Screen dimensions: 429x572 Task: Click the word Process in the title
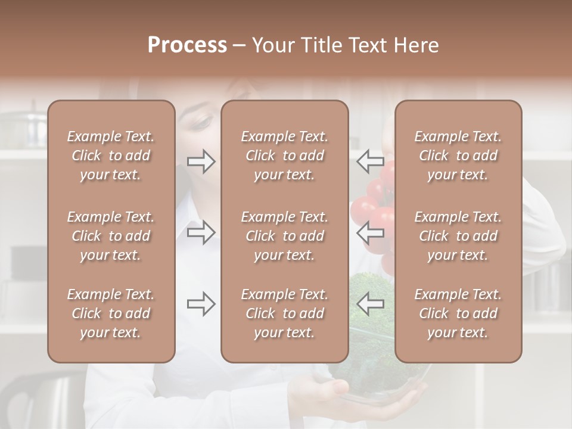187,45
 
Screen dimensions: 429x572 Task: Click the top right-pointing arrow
201,161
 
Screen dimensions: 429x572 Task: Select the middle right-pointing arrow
201,232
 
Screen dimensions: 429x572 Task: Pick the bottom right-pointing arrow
201,304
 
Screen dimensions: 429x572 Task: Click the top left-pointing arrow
371,161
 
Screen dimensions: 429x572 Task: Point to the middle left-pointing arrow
371,232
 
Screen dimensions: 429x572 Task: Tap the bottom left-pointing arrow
371,304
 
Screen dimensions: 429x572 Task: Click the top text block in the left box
111,156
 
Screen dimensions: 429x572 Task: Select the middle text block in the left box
111,236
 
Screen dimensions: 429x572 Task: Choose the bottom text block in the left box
111,313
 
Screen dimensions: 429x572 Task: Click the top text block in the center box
284,156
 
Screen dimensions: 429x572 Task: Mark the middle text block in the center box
284,236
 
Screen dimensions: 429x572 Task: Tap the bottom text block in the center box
284,313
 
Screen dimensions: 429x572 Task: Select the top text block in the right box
458,156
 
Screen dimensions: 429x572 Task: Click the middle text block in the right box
458,236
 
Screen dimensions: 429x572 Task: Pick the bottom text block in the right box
458,313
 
